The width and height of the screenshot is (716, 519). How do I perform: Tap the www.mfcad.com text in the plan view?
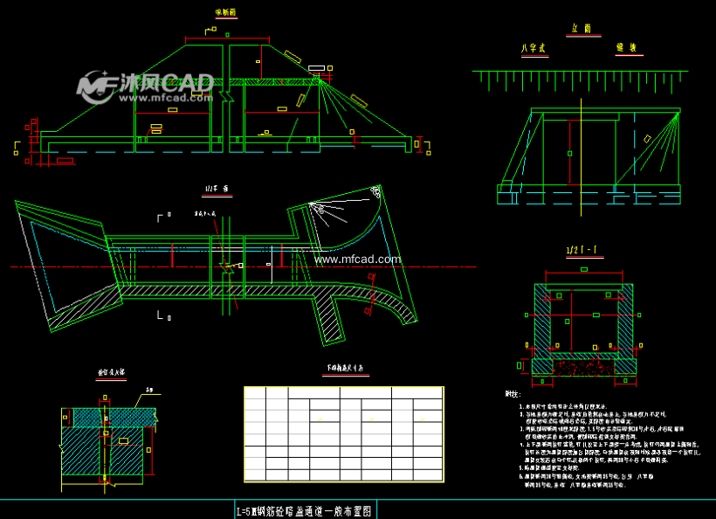click(358, 259)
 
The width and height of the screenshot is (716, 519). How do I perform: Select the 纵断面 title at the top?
click(225, 13)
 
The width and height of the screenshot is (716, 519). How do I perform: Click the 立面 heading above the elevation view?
click(582, 29)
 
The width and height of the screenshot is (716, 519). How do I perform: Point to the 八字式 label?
click(532, 49)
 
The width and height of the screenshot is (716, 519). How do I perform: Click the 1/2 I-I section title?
click(584, 252)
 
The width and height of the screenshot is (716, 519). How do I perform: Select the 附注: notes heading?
click(513, 395)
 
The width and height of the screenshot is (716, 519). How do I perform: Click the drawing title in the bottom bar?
click(305, 510)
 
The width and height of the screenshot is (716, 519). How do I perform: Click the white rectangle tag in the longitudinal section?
click(316, 68)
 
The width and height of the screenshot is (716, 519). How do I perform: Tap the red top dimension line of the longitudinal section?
click(227, 39)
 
